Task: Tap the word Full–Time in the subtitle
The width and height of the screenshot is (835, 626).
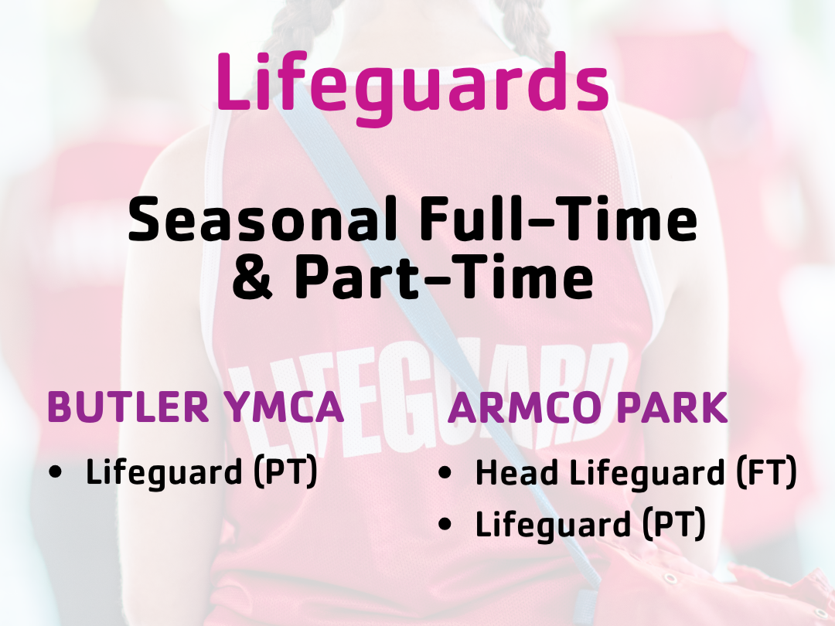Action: pyautogui.click(x=559, y=219)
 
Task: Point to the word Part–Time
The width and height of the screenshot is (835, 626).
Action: pyautogui.click(x=444, y=276)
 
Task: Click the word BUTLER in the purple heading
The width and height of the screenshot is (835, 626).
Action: pyautogui.click(x=128, y=407)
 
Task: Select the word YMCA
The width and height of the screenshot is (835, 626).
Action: pyautogui.click(x=285, y=407)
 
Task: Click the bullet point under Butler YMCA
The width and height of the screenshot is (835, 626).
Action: pyautogui.click(x=55, y=471)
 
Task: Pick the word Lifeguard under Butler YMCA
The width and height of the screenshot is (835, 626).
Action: pyautogui.click(x=163, y=472)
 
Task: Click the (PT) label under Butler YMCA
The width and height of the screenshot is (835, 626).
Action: pyautogui.click(x=285, y=472)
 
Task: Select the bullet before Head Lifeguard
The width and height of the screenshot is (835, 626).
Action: pyautogui.click(x=444, y=472)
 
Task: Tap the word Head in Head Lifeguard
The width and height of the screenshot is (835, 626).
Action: pyautogui.click(x=517, y=472)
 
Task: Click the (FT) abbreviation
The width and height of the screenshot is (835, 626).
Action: pyautogui.click(x=767, y=472)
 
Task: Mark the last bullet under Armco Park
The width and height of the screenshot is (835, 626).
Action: pyautogui.click(x=444, y=524)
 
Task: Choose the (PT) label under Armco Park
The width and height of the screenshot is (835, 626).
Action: pyautogui.click(x=674, y=524)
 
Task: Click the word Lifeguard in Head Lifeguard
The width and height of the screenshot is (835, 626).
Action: pyautogui.click(x=647, y=472)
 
